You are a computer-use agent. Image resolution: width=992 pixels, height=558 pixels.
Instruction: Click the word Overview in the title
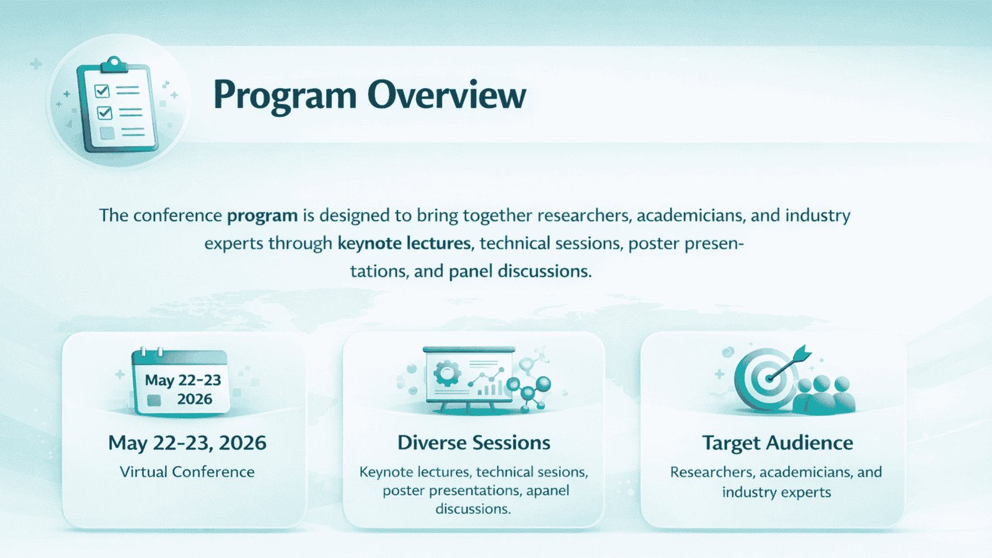[447, 95]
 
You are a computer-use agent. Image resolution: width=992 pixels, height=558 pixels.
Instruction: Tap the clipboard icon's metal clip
[114, 64]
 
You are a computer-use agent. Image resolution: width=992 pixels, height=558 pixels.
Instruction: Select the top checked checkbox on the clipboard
[102, 91]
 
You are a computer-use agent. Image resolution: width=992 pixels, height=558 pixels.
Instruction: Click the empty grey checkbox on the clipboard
[107, 133]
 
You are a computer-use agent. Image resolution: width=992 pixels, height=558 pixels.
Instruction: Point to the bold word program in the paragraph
[262, 216]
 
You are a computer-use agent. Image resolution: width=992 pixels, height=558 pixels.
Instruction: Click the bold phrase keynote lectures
[404, 243]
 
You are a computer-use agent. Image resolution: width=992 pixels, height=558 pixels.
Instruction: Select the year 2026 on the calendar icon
[195, 399]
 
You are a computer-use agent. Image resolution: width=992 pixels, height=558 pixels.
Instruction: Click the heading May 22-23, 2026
[187, 443]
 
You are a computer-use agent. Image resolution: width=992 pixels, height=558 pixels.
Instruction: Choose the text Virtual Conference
[187, 472]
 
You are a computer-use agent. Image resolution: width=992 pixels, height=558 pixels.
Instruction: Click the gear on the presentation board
[446, 373]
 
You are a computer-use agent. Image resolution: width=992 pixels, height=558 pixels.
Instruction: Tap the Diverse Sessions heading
[474, 443]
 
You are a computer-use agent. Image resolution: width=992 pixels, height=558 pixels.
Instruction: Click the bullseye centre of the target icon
[768, 379]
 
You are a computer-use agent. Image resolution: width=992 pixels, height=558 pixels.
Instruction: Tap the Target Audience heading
[777, 443]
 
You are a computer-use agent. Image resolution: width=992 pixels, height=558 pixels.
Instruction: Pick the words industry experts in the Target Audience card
[776, 492]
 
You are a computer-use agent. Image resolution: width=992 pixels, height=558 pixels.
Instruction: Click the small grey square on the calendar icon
[154, 401]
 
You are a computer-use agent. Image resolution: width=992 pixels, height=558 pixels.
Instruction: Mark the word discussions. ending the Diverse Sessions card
[473, 509]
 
